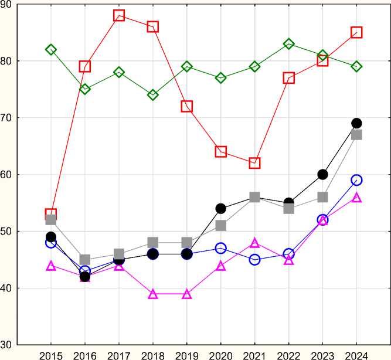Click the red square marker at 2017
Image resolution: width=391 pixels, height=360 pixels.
click(x=119, y=15)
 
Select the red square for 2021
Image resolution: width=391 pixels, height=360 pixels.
click(x=254, y=162)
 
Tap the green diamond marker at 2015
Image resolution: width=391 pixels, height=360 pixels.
click(x=51, y=50)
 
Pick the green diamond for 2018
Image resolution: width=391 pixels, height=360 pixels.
click(x=153, y=94)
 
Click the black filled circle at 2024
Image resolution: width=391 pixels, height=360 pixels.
click(x=356, y=123)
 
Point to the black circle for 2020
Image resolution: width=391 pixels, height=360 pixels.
click(x=221, y=208)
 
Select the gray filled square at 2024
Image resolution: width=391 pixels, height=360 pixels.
click(x=356, y=134)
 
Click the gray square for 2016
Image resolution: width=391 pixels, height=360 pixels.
click(x=85, y=260)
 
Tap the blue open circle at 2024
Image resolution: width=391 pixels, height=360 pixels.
click(x=356, y=180)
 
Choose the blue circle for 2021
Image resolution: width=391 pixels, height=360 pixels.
click(x=254, y=260)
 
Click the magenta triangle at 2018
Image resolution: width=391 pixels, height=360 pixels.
click(x=153, y=294)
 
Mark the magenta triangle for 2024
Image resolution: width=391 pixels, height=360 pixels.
click(x=356, y=198)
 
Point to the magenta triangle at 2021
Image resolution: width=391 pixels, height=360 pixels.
click(x=254, y=243)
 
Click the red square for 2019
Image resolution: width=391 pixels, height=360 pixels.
click(x=187, y=106)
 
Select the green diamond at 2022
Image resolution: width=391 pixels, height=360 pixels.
click(x=288, y=44)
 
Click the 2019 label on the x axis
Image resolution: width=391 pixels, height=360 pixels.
click(x=187, y=354)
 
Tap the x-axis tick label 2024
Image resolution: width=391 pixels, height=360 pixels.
click(x=356, y=354)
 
